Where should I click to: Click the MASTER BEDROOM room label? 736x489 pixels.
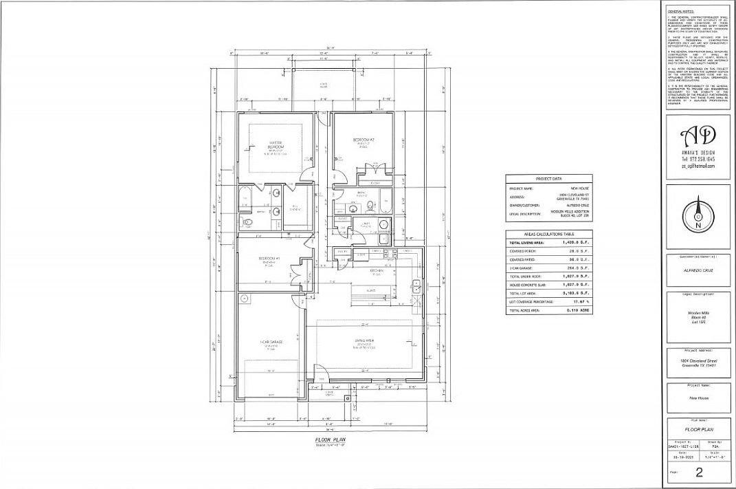point(269,145)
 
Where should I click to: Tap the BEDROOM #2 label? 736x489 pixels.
point(362,140)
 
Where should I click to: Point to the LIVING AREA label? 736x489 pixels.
point(363,342)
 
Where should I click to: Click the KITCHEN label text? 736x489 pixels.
point(377,271)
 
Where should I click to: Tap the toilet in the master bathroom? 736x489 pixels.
point(246,222)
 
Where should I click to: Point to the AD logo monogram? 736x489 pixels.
point(698,134)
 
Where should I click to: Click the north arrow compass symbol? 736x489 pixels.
point(698,214)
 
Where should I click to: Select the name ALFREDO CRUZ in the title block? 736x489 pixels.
point(698,270)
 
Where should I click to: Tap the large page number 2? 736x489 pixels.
point(698,471)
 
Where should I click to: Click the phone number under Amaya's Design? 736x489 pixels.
point(698,159)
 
